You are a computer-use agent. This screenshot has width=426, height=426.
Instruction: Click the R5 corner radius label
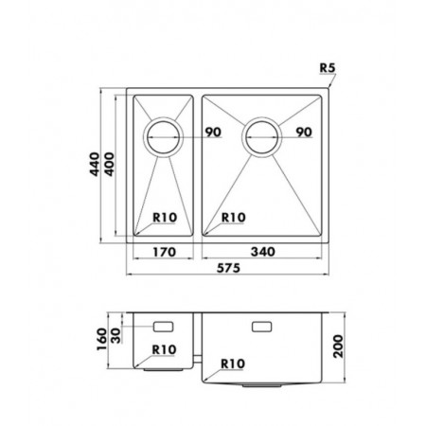328,68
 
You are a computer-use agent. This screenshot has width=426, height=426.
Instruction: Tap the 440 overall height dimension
95,164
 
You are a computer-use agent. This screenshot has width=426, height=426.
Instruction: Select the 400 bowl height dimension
109,164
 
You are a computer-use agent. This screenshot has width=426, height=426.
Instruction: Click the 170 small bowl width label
164,252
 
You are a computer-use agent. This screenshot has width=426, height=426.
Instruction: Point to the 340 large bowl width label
262,252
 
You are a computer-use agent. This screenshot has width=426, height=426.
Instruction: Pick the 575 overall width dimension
228,268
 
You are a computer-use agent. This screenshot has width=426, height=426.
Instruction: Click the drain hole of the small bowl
163,137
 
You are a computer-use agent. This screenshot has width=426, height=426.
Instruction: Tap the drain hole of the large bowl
261,137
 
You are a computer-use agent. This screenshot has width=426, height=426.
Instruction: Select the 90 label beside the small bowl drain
213,132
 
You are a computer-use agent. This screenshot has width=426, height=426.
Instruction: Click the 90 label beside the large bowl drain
304,132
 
